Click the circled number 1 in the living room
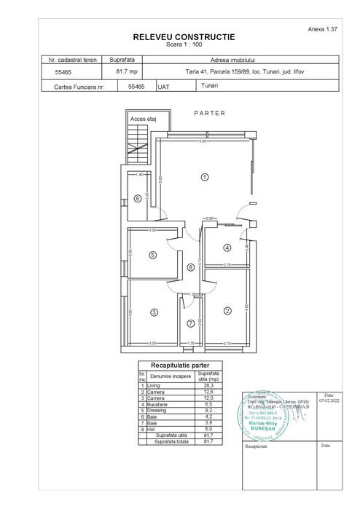point(205,177)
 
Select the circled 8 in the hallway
point(190,267)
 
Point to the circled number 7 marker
point(190,323)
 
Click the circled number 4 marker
point(227,248)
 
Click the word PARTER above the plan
point(210,113)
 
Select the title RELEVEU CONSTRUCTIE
point(184,36)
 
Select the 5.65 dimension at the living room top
point(205,142)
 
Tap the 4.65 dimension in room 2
point(247,307)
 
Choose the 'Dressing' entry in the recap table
point(157,410)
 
